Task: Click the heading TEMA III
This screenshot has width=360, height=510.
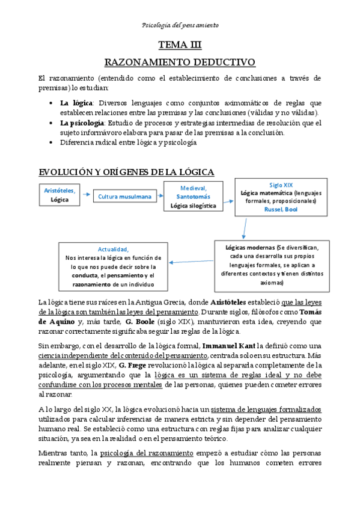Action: [180, 45]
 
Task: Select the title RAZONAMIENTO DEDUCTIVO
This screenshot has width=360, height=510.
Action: [180, 63]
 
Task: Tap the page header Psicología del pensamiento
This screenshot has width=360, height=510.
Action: [180, 25]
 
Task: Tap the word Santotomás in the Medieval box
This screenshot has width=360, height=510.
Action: [193, 196]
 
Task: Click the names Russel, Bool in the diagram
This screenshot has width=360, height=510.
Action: [280, 210]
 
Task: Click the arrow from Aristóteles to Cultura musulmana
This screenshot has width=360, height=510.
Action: [85, 195]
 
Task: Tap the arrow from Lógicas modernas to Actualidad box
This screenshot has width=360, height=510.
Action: [192, 262]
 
